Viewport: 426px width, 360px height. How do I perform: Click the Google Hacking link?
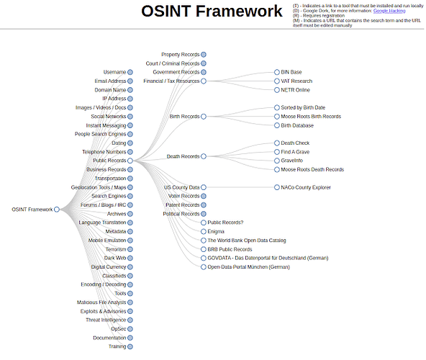(x=389, y=11)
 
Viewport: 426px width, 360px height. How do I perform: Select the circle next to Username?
(x=130, y=72)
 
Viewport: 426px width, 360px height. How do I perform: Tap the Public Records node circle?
(x=130, y=161)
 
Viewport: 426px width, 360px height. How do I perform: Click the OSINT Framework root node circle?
(x=57, y=210)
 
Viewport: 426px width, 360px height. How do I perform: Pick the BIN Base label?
(x=291, y=72)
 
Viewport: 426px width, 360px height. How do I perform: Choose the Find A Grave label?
(x=295, y=152)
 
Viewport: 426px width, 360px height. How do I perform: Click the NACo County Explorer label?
(x=306, y=187)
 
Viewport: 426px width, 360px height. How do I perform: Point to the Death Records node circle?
(x=204, y=156)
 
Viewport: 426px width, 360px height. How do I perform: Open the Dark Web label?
(x=115, y=258)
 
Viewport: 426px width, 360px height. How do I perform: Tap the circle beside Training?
(x=130, y=346)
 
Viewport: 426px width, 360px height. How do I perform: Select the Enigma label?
(x=216, y=231)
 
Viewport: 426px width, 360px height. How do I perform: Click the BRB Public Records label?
(x=230, y=249)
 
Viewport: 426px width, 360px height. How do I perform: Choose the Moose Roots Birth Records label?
(x=311, y=117)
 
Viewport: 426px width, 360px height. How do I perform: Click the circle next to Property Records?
(x=204, y=55)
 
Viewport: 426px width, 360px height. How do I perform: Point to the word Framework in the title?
(x=239, y=11)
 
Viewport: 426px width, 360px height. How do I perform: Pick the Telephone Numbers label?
(x=104, y=152)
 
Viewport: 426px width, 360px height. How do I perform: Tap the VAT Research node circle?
(x=277, y=81)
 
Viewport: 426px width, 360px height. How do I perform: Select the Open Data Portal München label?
(x=248, y=267)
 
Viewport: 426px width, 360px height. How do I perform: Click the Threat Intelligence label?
(x=106, y=320)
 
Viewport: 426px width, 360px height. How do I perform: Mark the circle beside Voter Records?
(x=204, y=196)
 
